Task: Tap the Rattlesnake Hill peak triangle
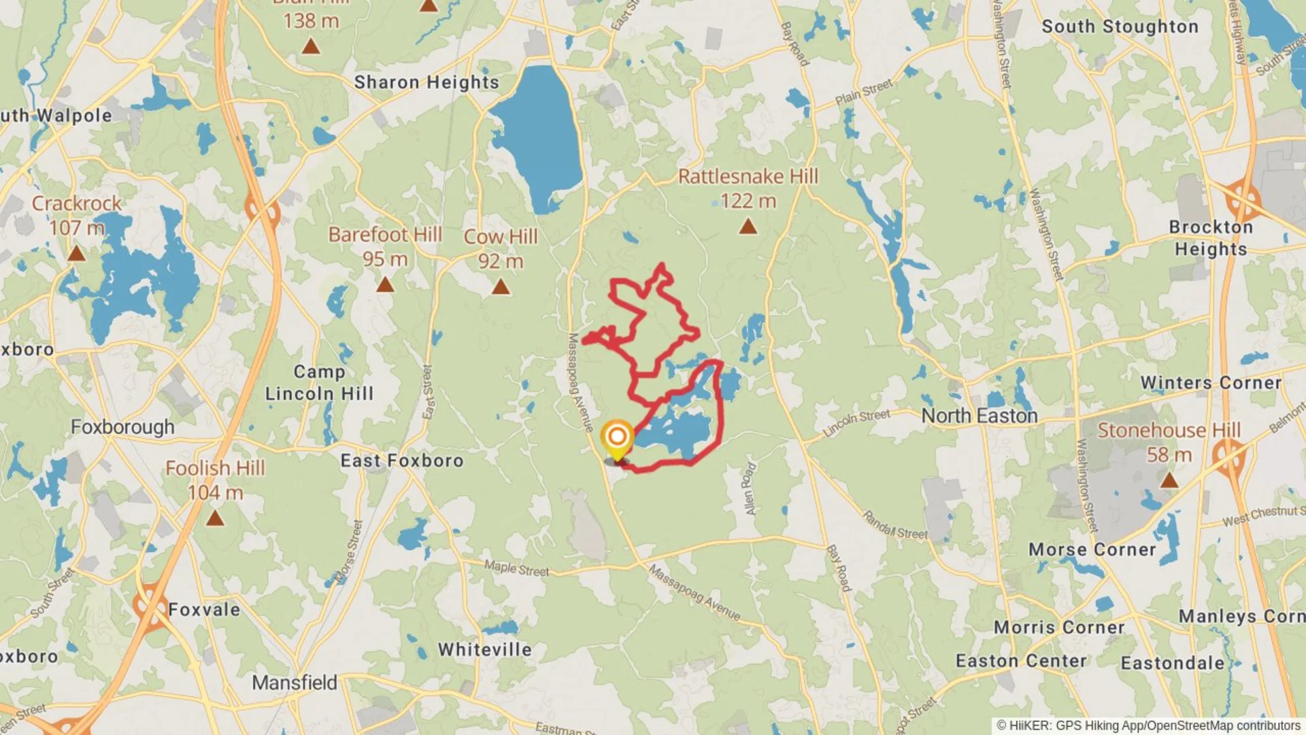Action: pyautogui.click(x=748, y=226)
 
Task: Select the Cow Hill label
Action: pyautogui.click(x=501, y=237)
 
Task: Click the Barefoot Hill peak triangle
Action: pyautogui.click(x=385, y=284)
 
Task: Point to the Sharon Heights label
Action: pyautogui.click(x=426, y=82)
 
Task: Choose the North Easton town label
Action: pyautogui.click(x=979, y=416)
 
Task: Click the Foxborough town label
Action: pyautogui.click(x=122, y=427)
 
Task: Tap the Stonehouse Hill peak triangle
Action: pyautogui.click(x=1169, y=480)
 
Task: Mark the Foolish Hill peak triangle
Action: pyautogui.click(x=215, y=519)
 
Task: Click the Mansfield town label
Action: pyautogui.click(x=295, y=682)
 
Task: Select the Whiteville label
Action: pyautogui.click(x=485, y=649)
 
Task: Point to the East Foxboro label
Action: pyautogui.click(x=402, y=461)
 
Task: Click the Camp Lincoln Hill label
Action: pyautogui.click(x=319, y=382)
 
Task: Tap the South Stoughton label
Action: pyautogui.click(x=1120, y=27)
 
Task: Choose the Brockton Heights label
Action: pyautogui.click(x=1211, y=238)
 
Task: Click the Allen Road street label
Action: pyautogui.click(x=750, y=489)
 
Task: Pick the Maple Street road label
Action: pyautogui.click(x=516, y=568)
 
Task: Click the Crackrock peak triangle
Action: pyautogui.click(x=76, y=255)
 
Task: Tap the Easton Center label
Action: pyautogui.click(x=1020, y=661)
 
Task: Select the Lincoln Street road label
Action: pyautogui.click(x=856, y=423)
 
